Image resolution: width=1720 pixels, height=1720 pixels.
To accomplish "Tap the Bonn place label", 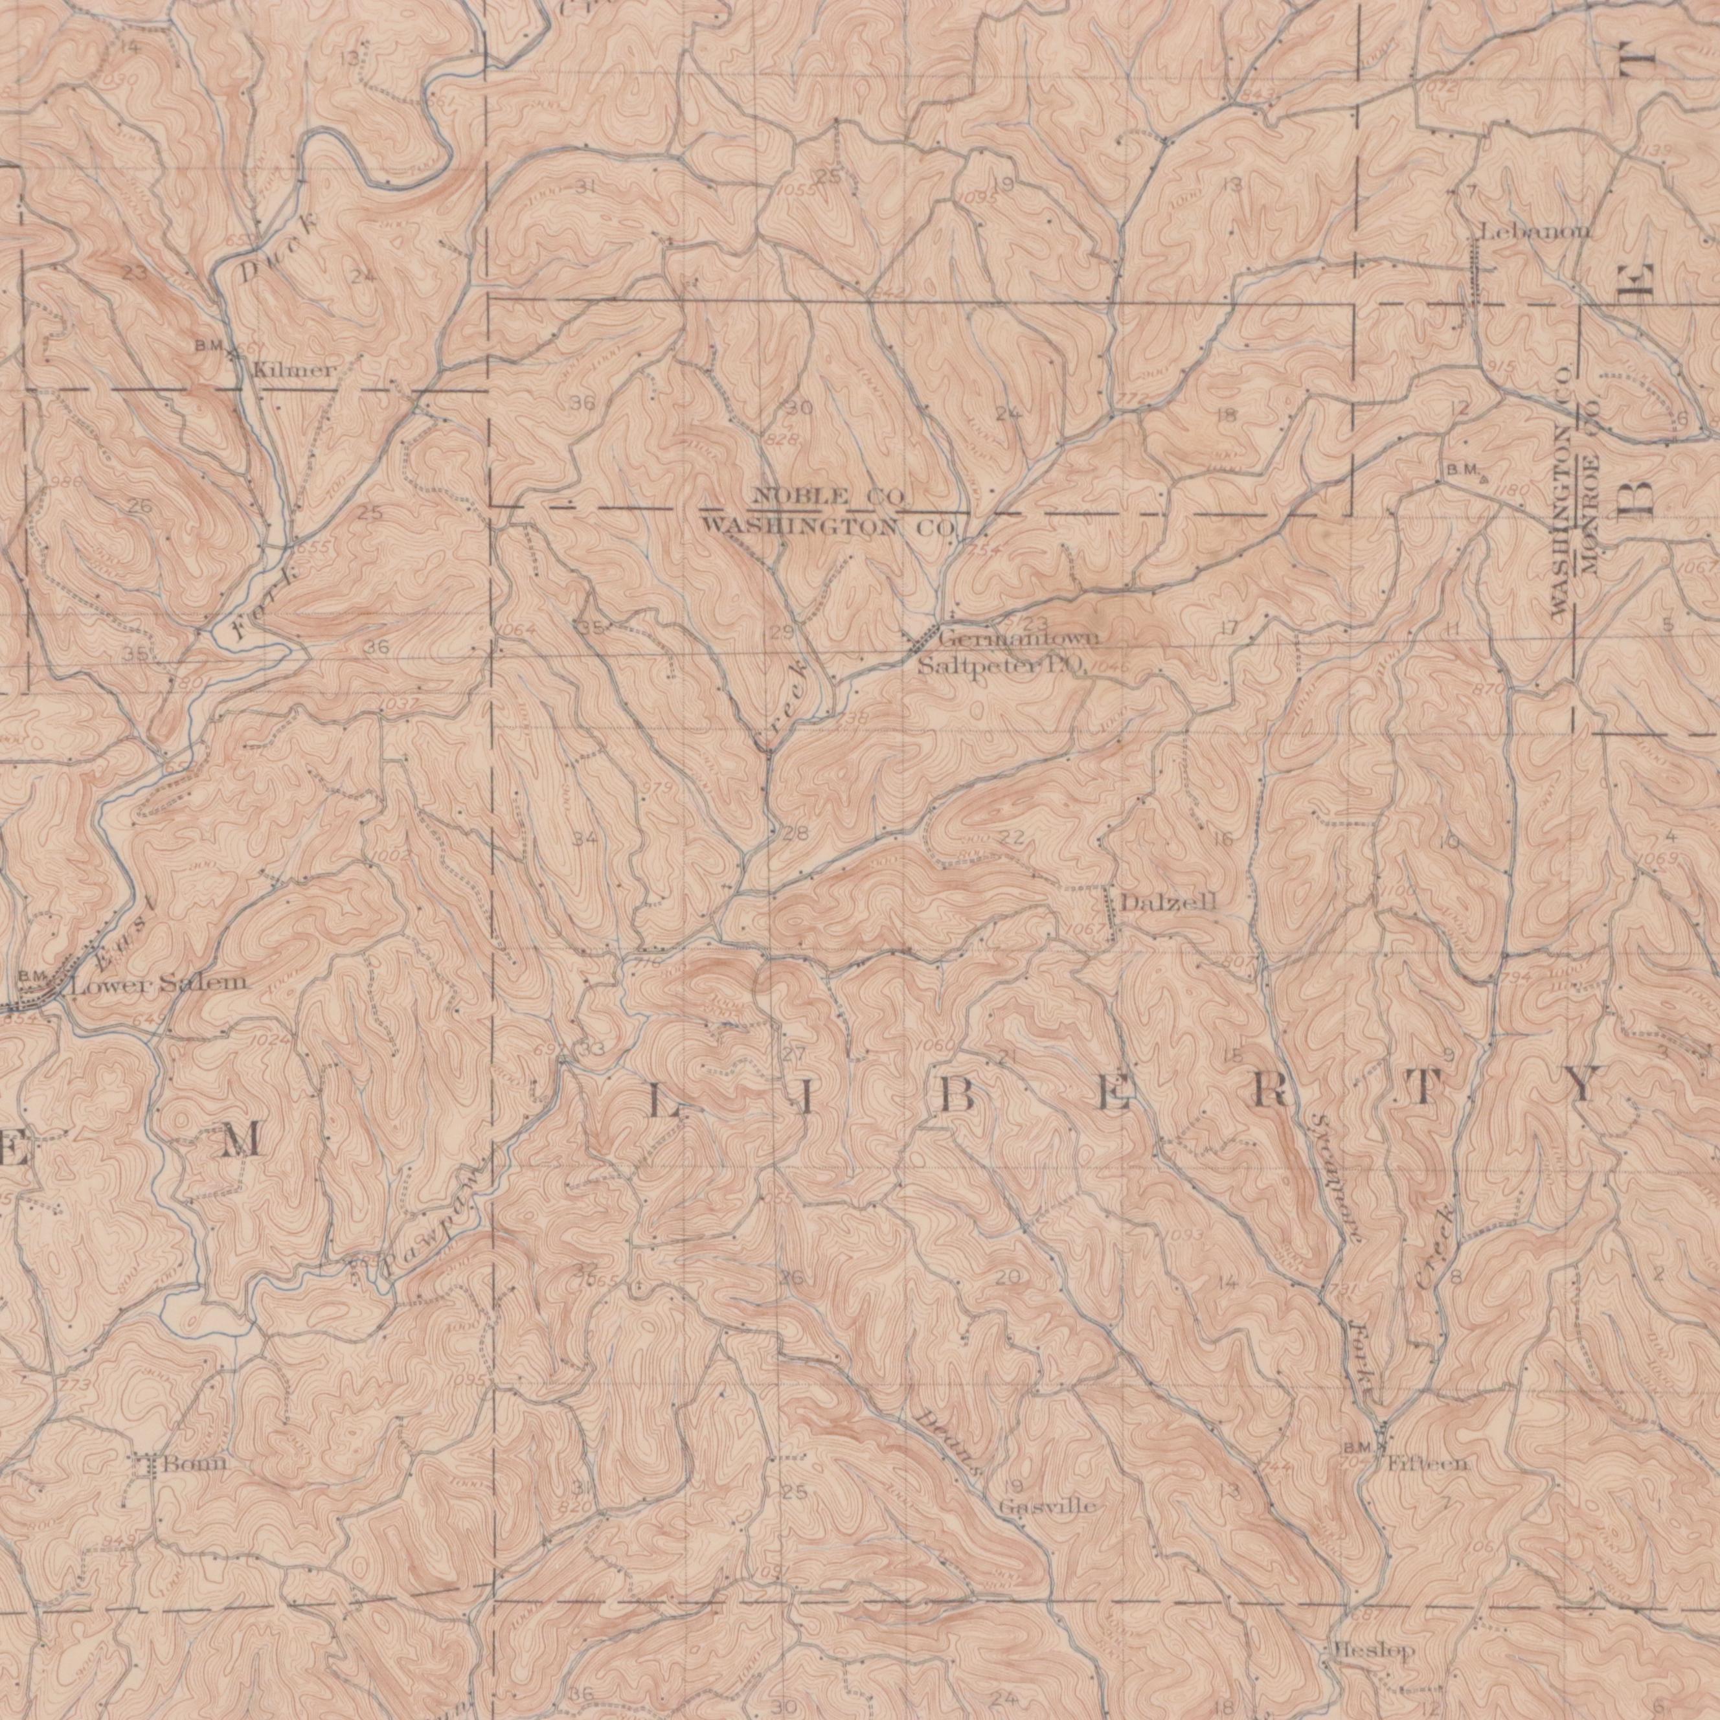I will (195, 1464).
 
